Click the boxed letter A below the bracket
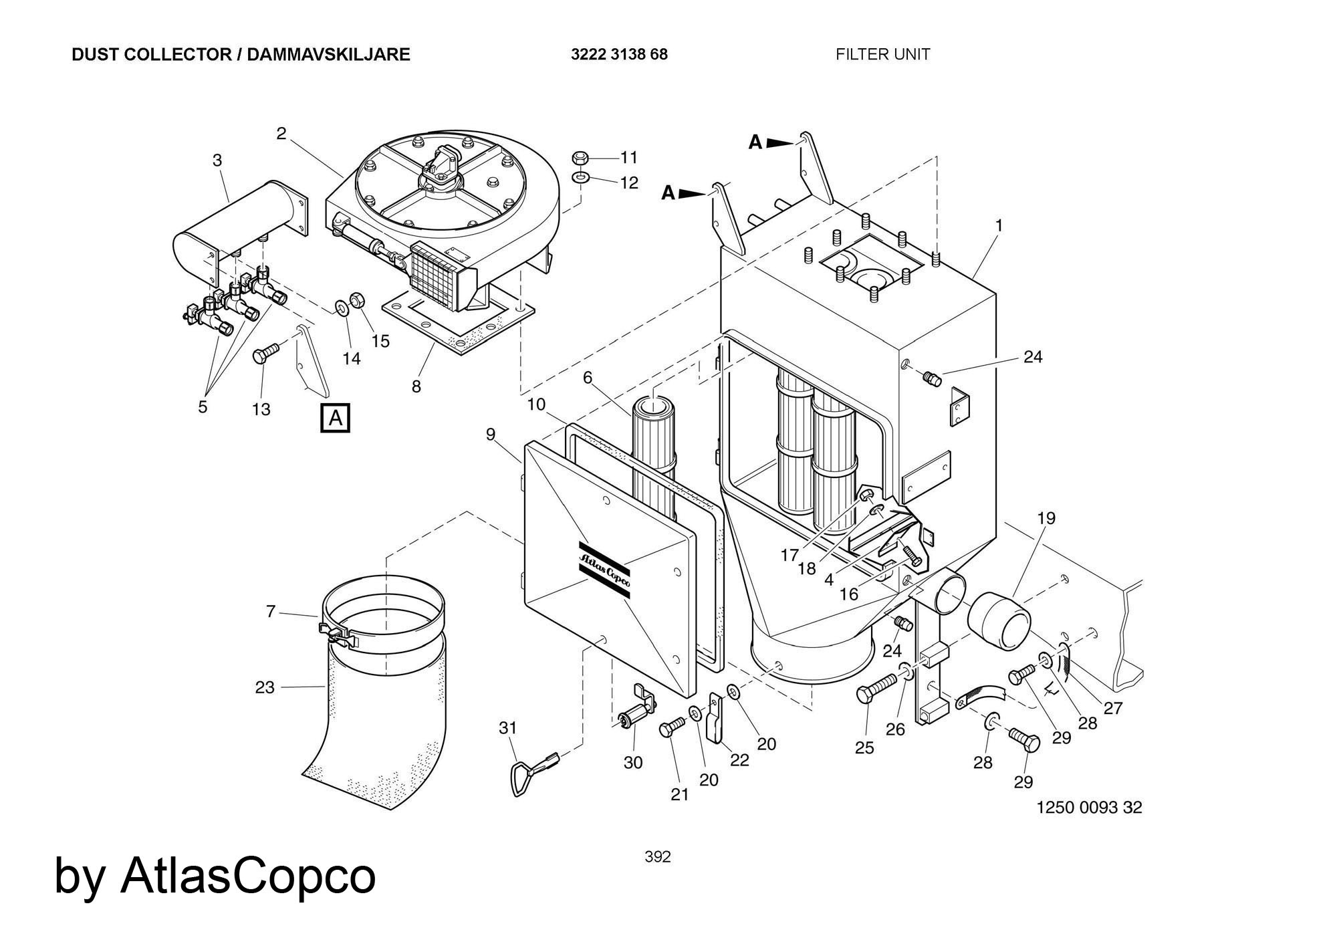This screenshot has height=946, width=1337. coord(336,419)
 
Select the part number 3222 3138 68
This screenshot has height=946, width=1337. coord(619,55)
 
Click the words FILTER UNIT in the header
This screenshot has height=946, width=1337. coord(882,55)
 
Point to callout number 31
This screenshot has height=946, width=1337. coord(508,727)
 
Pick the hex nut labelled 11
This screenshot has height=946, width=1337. coord(580,158)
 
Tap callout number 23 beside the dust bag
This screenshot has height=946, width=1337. coord(265,687)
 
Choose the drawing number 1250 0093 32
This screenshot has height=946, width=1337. coord(1089,807)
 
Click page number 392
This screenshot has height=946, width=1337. coord(657,856)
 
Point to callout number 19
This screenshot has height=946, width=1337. coord(1046,518)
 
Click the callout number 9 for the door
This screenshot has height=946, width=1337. coord(491,435)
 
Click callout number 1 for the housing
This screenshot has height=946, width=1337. coord(999,226)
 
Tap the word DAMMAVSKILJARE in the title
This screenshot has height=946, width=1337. coord(328,55)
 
